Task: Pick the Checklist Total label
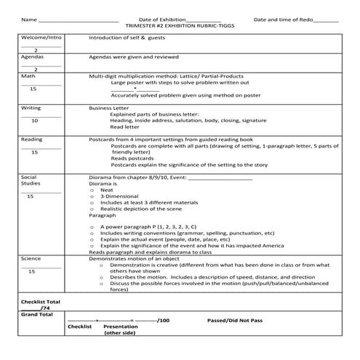pos(41,301)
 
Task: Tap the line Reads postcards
pos(132,158)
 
